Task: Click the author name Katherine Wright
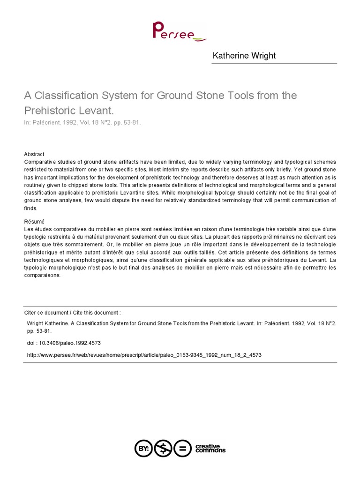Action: pyautogui.click(x=244, y=56)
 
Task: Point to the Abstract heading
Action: pyautogui.click(x=34, y=154)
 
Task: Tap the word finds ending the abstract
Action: pyautogui.click(x=30, y=208)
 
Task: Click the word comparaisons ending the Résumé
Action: pyautogui.click(x=43, y=276)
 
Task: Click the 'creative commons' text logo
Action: pyautogui.click(x=209, y=449)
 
